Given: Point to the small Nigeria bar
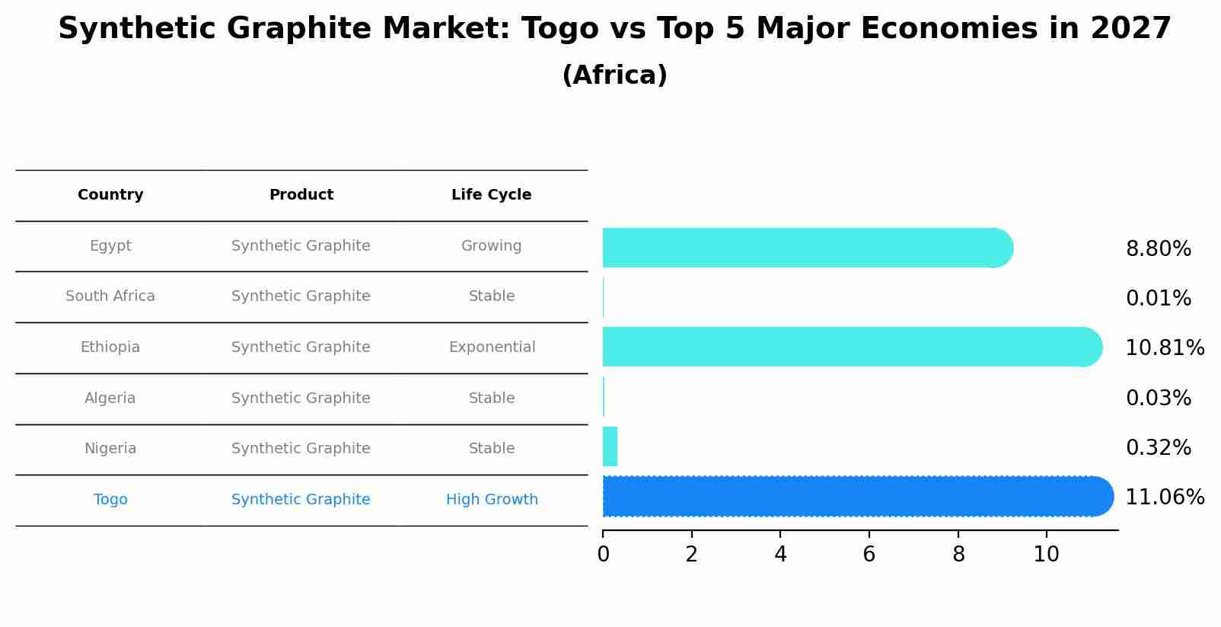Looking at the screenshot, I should [x=610, y=446].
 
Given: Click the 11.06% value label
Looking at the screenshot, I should [x=1164, y=497].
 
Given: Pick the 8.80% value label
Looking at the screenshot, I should [x=1158, y=249].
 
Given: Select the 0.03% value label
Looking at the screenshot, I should [x=1158, y=398].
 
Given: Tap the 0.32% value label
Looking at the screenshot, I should [x=1158, y=448].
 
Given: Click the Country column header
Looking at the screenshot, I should [x=110, y=195].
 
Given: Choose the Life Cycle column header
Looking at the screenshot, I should [x=491, y=195].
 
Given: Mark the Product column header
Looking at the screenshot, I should [x=301, y=195].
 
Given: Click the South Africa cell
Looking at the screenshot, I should [x=110, y=296].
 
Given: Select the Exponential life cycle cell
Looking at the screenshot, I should [x=492, y=347].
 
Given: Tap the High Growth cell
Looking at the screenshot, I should [x=492, y=500].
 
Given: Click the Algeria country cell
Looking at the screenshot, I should [x=110, y=398].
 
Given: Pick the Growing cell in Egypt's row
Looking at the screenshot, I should [x=491, y=246].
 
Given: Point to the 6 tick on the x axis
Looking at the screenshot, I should [x=869, y=555].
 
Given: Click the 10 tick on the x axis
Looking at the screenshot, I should [x=1046, y=555].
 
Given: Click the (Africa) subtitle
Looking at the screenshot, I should [x=614, y=75].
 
